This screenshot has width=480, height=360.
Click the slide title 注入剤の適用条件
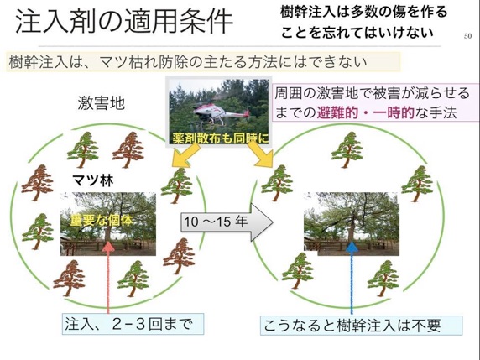(x=124, y=22)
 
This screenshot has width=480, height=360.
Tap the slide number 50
(x=467, y=36)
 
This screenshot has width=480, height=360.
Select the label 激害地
(x=102, y=103)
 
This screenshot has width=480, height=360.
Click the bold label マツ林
(x=93, y=180)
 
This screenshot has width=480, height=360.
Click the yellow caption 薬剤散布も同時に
(x=221, y=138)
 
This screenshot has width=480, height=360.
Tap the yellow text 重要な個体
(x=102, y=220)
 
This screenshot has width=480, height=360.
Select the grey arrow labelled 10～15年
(x=227, y=222)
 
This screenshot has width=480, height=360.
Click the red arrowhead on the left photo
(x=108, y=247)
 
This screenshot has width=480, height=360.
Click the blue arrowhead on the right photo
(x=352, y=247)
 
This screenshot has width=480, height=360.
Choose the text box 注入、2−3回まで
(x=133, y=324)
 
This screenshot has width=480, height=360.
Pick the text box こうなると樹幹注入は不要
(x=361, y=326)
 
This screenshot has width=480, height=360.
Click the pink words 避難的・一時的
(x=365, y=112)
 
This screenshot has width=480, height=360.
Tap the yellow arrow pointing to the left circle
(x=185, y=155)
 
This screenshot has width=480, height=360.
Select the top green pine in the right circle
(x=347, y=150)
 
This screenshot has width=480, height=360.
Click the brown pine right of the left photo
(x=179, y=257)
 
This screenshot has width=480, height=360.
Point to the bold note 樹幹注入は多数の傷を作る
(x=363, y=13)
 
